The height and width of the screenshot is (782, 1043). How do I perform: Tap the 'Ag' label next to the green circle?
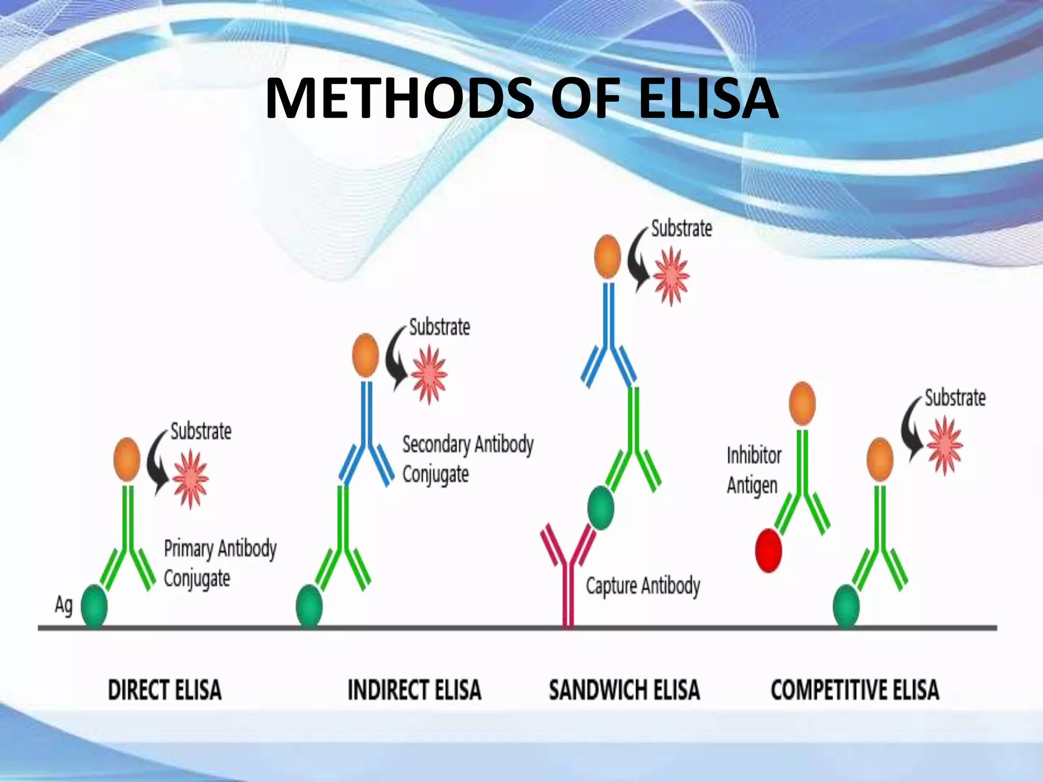(x=64, y=605)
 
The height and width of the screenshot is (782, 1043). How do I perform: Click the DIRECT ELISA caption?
(x=164, y=690)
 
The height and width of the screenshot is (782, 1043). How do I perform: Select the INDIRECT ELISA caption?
(x=414, y=690)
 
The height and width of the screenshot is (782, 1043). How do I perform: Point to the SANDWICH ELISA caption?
(x=624, y=690)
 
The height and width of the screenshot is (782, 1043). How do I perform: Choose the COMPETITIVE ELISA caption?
(x=855, y=690)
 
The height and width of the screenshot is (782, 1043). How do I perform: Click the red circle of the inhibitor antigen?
(x=768, y=550)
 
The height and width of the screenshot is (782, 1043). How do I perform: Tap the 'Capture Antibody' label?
(x=643, y=585)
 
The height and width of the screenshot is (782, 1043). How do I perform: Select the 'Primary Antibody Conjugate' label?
(x=219, y=563)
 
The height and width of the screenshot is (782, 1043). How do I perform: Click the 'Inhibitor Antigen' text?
(x=754, y=470)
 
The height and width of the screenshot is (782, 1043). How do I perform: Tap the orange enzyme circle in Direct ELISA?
(x=127, y=459)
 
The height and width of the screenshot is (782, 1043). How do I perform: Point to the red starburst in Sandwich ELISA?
(x=671, y=276)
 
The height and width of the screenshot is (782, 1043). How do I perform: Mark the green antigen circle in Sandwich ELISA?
(x=600, y=508)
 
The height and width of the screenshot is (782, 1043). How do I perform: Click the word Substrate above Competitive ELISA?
(x=955, y=398)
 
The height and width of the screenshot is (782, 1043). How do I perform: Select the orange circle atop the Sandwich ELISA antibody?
(x=608, y=257)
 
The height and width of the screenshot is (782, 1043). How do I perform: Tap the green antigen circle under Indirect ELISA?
(x=309, y=606)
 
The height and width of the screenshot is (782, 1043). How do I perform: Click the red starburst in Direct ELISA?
(x=190, y=479)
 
